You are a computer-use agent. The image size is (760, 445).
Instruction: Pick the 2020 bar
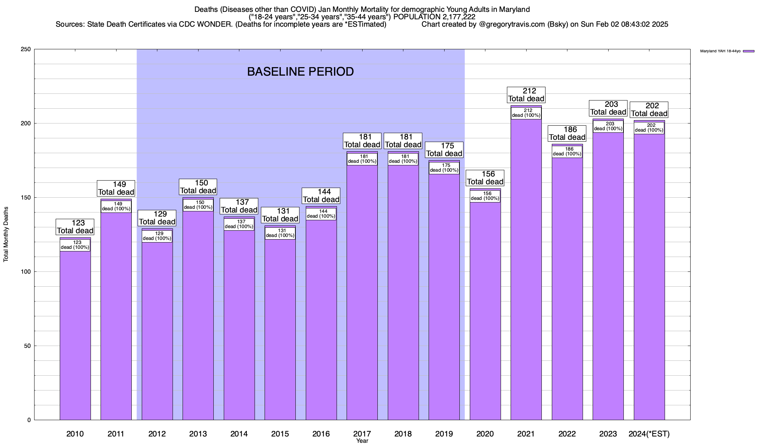pyautogui.click(x=485, y=311)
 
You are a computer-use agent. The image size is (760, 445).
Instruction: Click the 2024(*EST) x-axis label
pyautogui.click(x=649, y=434)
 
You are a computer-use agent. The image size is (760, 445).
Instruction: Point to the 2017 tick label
pyautogui.click(x=362, y=434)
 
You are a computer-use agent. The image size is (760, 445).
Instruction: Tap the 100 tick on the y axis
pyautogui.click(x=26, y=272)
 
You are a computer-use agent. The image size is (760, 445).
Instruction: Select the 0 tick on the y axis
pyautogui.click(x=29, y=420)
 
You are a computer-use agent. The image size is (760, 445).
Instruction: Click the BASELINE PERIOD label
pyautogui.click(x=300, y=72)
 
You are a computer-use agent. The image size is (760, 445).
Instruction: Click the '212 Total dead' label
pyautogui.click(x=526, y=95)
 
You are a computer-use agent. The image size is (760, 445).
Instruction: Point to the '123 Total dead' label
pyautogui.click(x=75, y=227)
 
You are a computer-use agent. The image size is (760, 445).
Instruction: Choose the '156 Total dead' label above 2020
pyautogui.click(x=485, y=178)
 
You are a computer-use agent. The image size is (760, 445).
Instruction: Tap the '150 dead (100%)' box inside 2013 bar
pyautogui.click(x=198, y=205)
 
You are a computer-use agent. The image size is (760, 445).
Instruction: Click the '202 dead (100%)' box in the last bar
pyautogui.click(x=649, y=128)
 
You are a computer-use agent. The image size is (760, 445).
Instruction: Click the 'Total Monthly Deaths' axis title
pyautogui.click(x=6, y=234)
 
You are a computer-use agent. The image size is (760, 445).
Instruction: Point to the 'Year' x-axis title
pyautogui.click(x=362, y=441)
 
